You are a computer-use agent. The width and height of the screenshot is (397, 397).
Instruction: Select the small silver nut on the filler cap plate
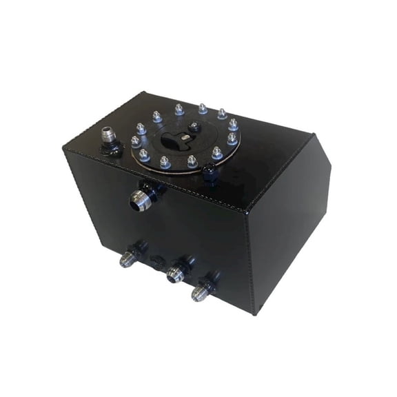click(x=195, y=128)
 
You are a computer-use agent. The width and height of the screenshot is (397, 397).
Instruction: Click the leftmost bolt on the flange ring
click(x=136, y=142)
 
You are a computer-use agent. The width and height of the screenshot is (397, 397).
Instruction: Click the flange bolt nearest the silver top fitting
click(x=141, y=129)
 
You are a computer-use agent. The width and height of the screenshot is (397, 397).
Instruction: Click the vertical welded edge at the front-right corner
click(x=250, y=262)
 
